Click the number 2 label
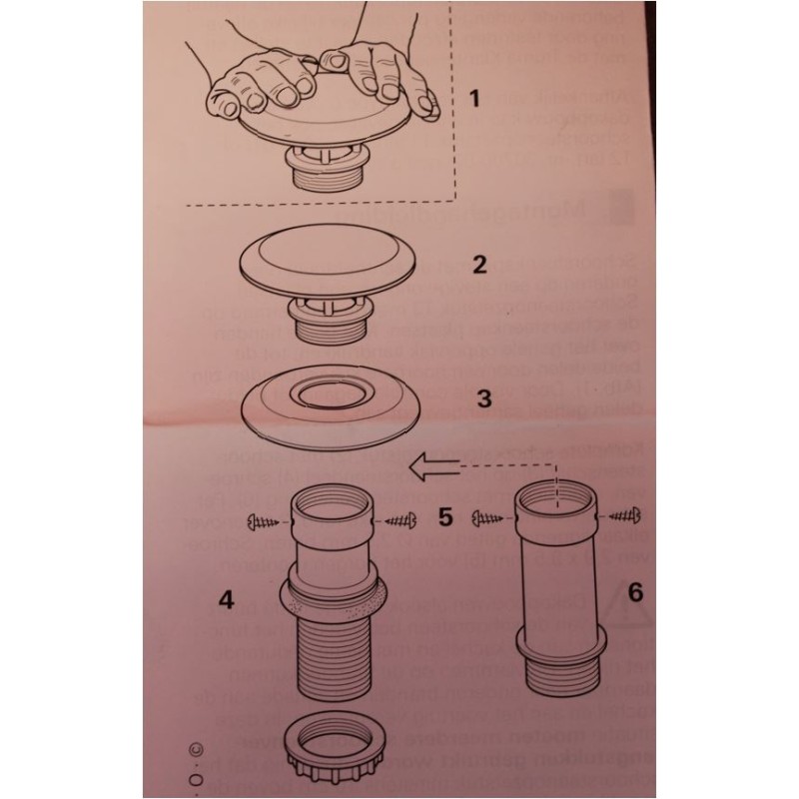[479, 265]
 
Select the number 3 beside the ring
[483, 399]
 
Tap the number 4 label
[227, 600]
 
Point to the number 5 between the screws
[445, 516]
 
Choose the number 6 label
[636, 592]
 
